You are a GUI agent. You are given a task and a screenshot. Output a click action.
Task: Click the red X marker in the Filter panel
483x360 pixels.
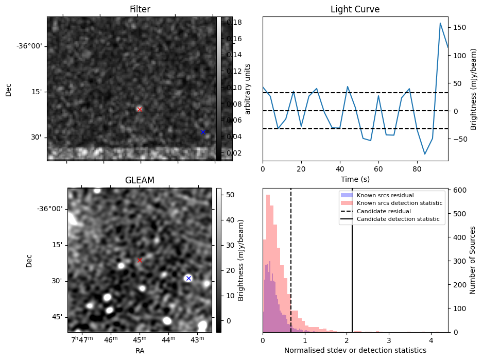139,109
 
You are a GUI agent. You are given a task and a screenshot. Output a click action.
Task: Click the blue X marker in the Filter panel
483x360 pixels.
203,132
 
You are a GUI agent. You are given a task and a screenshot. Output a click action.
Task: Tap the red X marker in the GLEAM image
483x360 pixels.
139,260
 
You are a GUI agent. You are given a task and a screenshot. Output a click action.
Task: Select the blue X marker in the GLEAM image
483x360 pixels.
188,278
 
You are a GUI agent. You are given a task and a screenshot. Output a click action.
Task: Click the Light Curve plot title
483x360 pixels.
355,9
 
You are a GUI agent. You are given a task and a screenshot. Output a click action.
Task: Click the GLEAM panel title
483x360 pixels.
140,180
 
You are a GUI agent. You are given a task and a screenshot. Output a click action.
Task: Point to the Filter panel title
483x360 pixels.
140,9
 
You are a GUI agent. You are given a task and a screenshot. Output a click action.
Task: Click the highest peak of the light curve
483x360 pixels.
440,23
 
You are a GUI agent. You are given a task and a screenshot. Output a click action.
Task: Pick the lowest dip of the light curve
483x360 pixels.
425,154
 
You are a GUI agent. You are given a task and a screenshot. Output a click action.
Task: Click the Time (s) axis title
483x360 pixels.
355,179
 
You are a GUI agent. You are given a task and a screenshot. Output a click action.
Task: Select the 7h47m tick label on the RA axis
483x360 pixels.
82,339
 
